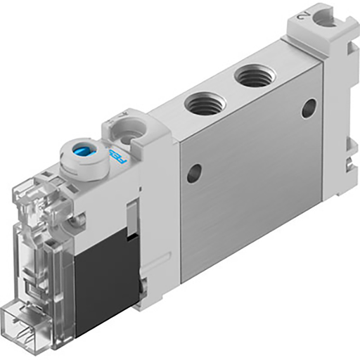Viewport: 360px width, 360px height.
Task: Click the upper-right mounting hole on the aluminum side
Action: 307,108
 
